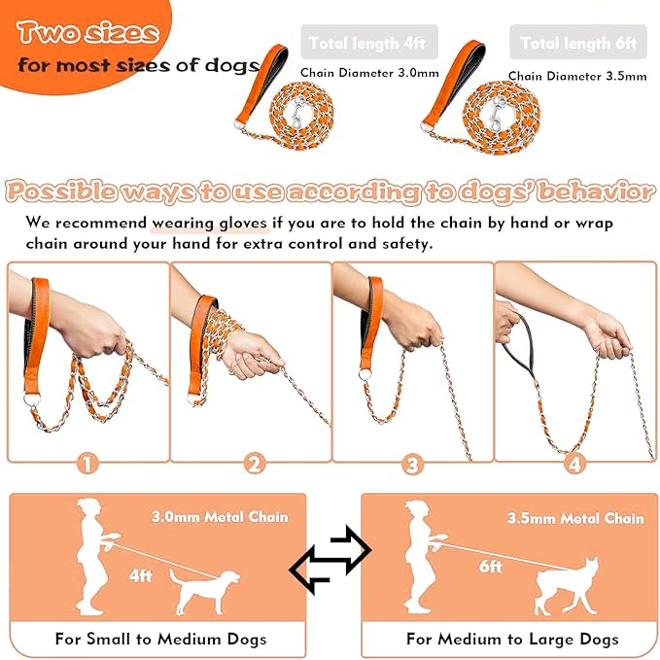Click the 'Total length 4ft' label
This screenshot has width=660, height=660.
coord(369,43)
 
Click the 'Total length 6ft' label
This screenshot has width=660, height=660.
coord(578,43)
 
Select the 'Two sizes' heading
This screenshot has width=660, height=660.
coord(87,32)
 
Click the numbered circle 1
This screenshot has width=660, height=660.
coord(87,464)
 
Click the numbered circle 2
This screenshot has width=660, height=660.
coord(255,464)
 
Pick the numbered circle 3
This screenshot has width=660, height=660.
coord(413,464)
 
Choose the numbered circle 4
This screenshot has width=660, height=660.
coord(575,464)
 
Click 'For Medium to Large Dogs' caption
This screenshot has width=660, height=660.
coord(512,639)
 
